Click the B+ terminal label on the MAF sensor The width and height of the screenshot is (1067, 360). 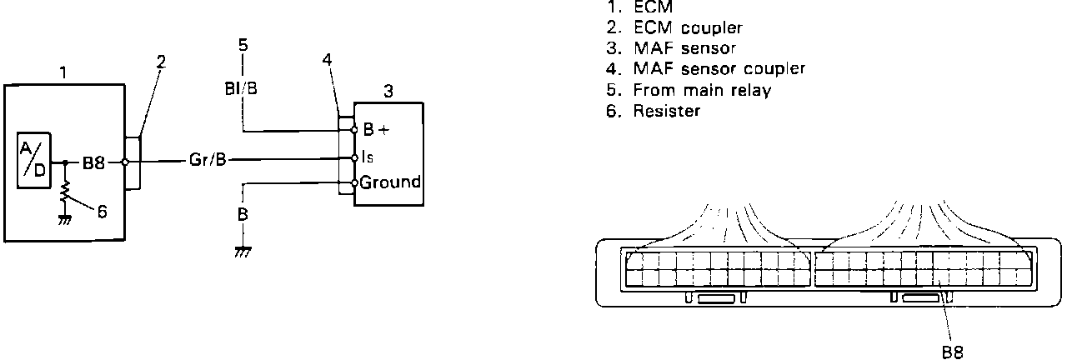point(373,130)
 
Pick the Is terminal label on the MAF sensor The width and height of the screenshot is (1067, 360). point(368,157)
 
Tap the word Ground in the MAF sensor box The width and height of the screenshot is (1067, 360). point(390,182)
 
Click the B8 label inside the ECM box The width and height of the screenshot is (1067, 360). point(93,162)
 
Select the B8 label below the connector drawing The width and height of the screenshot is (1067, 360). point(953,352)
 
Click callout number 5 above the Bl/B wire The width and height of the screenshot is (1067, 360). point(243,45)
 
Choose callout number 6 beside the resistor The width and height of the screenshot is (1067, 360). point(102,212)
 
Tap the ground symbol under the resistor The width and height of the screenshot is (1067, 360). point(65,219)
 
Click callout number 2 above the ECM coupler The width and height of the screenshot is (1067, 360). point(160,61)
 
